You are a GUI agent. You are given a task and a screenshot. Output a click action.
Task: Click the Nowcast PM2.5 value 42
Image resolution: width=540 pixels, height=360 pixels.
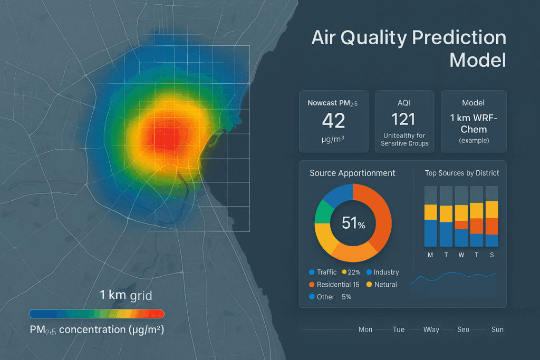click(x=333, y=121)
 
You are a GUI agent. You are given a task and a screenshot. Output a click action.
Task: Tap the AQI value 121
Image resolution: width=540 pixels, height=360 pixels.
click(x=404, y=119)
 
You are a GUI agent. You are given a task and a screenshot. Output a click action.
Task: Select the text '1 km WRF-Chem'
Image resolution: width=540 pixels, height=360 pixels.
click(x=473, y=124)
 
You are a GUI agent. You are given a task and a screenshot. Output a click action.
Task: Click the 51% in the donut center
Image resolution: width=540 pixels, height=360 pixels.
click(x=353, y=223)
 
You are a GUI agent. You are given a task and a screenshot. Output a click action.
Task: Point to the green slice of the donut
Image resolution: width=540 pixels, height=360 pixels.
click(x=323, y=213)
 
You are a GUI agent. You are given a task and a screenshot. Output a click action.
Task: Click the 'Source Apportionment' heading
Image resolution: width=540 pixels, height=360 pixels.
click(x=352, y=173)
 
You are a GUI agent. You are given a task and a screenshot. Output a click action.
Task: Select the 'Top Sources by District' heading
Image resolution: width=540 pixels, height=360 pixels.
click(x=462, y=173)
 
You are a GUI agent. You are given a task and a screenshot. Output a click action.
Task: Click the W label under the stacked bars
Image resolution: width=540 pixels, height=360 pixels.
click(x=461, y=255)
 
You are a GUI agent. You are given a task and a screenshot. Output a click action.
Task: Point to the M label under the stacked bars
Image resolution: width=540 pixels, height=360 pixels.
click(x=430, y=255)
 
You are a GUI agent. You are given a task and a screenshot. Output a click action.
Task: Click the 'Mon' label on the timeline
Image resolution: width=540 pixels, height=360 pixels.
click(x=365, y=329)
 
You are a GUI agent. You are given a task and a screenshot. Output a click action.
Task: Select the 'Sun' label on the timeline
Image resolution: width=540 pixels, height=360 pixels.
click(x=497, y=329)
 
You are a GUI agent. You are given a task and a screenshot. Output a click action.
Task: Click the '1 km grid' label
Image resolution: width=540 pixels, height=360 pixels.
click(x=126, y=295)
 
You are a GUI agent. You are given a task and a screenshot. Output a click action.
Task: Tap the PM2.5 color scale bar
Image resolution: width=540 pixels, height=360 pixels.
click(x=97, y=314)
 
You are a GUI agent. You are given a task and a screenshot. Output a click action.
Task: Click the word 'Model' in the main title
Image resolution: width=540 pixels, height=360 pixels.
click(x=478, y=60)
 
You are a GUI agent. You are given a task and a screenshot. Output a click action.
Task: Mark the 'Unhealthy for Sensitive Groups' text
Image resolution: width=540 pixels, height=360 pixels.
click(x=404, y=140)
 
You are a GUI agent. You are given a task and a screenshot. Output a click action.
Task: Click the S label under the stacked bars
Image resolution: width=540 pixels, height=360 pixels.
click(x=492, y=255)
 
